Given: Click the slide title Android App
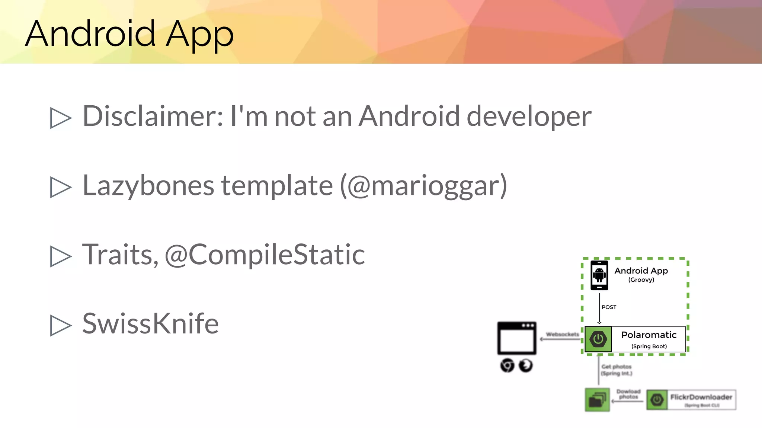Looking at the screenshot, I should point(129,34).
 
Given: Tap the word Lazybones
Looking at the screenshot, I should point(148,185).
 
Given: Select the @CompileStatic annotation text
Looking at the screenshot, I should point(265,255).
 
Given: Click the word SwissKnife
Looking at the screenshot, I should point(150,323).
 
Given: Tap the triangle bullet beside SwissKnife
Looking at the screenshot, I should point(61,325).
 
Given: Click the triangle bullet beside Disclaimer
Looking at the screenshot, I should point(61,118).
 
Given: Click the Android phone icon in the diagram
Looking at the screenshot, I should point(599,275).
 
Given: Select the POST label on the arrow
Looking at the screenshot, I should point(609,307).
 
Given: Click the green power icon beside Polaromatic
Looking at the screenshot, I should point(598,339).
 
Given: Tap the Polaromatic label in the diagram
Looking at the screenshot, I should point(649,335).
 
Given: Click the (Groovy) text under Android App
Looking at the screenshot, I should point(641,280).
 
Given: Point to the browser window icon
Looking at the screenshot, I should point(517,338).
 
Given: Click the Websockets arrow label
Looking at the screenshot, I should point(562,334).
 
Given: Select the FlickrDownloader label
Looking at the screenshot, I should point(701,397).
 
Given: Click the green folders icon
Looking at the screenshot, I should point(597,400).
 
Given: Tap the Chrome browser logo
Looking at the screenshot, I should point(507,365).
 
